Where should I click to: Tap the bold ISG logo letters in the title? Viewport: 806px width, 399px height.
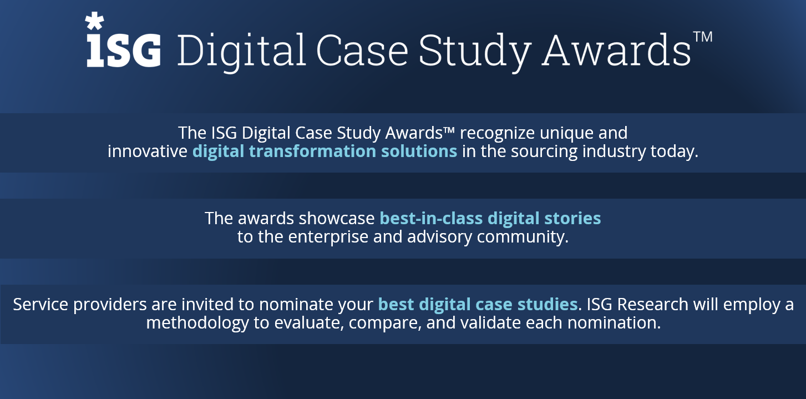click(124, 50)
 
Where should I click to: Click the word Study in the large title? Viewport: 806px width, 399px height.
click(474, 50)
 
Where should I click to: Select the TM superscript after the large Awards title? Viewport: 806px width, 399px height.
click(702, 37)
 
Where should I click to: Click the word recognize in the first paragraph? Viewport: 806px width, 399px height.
click(497, 133)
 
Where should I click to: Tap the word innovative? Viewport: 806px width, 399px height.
click(148, 151)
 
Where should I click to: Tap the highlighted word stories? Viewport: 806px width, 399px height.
click(575, 218)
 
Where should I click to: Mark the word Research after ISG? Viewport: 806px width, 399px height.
click(654, 305)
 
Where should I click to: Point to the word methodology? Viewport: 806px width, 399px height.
click(198, 323)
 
